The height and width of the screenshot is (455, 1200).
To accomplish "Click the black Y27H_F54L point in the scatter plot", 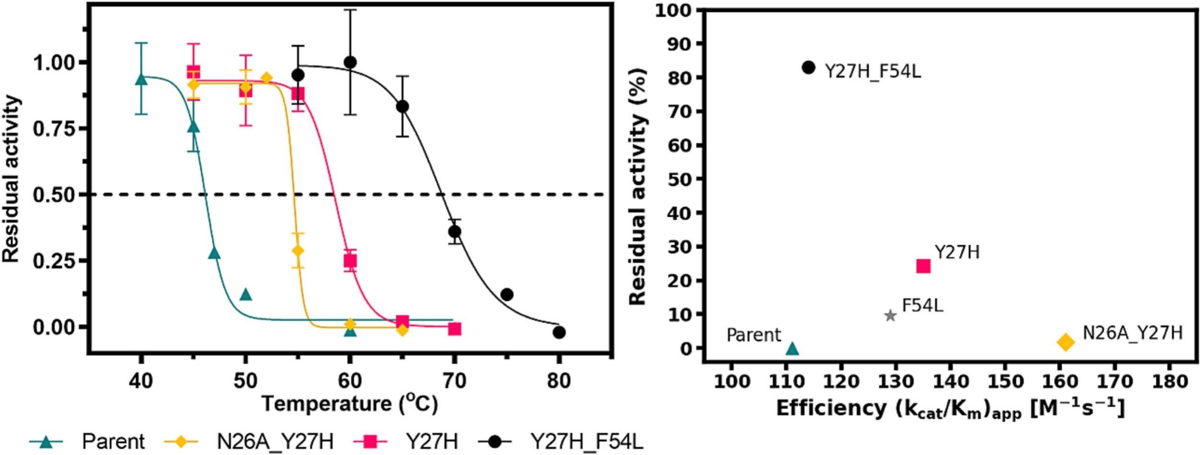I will [809, 67].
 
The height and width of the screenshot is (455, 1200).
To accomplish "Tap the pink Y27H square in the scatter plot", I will [923, 266].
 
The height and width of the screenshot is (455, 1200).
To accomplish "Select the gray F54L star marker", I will [890, 316].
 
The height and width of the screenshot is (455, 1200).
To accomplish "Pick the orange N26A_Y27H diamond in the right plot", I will [1066, 342].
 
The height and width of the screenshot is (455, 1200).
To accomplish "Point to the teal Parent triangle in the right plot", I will [792, 349].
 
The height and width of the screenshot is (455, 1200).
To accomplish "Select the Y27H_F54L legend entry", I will [561, 442].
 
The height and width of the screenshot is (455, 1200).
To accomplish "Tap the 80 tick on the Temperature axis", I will [559, 381].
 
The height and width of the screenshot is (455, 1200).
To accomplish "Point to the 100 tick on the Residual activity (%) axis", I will [674, 10].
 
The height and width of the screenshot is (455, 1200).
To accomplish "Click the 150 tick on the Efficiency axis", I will [1006, 382].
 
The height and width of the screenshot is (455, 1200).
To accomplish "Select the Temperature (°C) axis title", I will [349, 403].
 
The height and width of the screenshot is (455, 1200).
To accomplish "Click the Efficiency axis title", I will [950, 409].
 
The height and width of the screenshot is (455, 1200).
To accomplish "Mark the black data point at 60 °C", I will [350, 62].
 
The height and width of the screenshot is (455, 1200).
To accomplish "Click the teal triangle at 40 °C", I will [141, 79].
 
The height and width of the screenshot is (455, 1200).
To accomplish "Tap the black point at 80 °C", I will [559, 332].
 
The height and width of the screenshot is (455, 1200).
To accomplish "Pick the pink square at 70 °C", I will [454, 329].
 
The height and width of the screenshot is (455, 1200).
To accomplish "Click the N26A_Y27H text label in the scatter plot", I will [1132, 333].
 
